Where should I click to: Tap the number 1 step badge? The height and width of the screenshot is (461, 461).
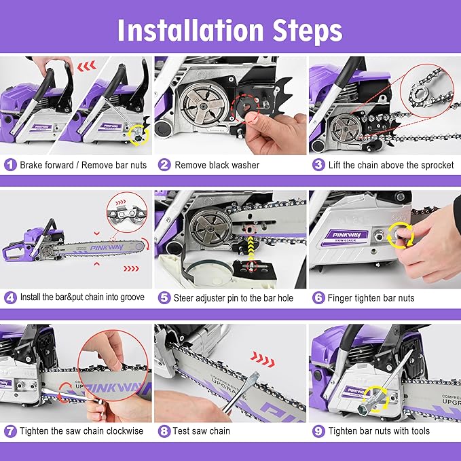click(10, 165)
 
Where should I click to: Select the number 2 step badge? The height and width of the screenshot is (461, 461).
click(164, 165)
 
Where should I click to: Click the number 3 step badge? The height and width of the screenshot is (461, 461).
click(318, 165)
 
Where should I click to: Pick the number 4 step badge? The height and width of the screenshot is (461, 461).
click(10, 297)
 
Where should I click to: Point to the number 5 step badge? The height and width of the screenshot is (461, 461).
click(164, 297)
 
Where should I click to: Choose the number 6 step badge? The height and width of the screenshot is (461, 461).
click(318, 297)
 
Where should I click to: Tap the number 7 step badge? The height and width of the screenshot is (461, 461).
click(10, 430)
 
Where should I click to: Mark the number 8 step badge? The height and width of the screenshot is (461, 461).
click(164, 430)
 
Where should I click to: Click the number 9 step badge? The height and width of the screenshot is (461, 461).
click(318, 430)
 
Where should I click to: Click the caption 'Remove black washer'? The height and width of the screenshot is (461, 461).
click(217, 165)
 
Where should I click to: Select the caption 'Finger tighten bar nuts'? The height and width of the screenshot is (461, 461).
click(371, 297)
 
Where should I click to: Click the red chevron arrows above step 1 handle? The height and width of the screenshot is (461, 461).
click(85, 67)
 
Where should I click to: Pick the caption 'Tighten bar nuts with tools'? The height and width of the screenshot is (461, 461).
click(379, 430)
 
